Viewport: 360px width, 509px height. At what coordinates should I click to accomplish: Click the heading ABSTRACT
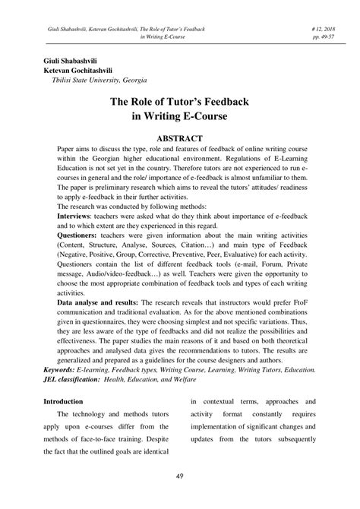pos(180,138)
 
